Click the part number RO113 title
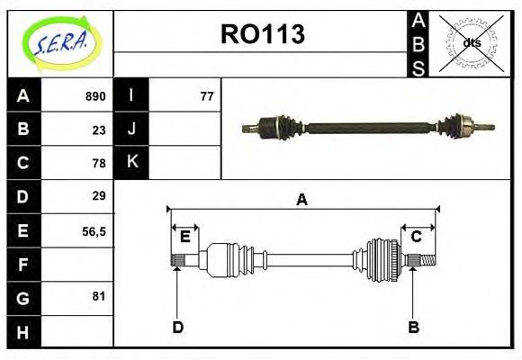(262, 34)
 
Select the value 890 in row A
(95, 96)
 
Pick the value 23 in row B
(99, 130)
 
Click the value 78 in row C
(99, 163)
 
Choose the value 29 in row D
(99, 196)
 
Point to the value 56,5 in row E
(94, 230)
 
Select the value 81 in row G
(99, 296)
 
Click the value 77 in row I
(207, 96)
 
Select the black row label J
(131, 130)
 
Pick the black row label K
(131, 163)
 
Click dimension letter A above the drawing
(301, 200)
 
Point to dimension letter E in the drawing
(184, 237)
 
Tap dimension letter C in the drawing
(416, 237)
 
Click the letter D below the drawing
(177, 327)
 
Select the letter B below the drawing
(413, 327)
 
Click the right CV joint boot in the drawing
(382, 259)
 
